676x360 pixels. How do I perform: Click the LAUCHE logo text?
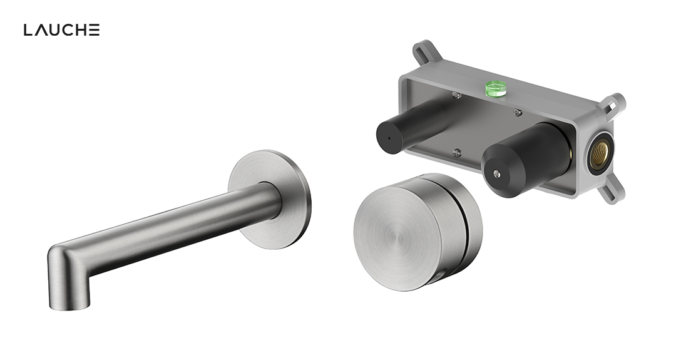pyautogui.click(x=61, y=30)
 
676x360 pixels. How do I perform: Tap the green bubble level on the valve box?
pyautogui.click(x=496, y=88)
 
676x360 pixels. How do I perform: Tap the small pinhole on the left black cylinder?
pyautogui.click(x=390, y=139)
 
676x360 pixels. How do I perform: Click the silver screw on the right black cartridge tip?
pyautogui.click(x=497, y=173)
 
